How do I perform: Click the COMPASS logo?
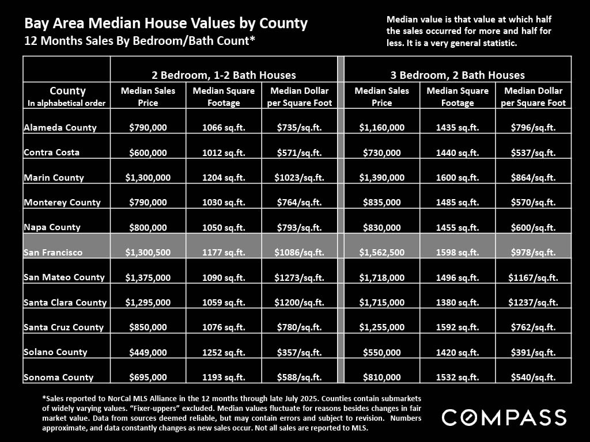tap(504, 417)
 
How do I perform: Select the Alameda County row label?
tap(60, 128)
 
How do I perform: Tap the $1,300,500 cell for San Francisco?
tap(148, 253)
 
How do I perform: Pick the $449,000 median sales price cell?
tap(148, 352)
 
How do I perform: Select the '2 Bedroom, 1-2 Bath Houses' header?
tap(224, 75)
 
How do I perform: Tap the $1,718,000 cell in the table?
tap(381, 277)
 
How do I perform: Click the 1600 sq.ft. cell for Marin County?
tap(457, 178)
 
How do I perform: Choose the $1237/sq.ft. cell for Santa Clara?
tap(533, 303)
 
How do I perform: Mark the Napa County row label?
tap(52, 227)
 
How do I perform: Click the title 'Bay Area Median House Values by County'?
tap(166, 24)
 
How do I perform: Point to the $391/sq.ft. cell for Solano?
tap(533, 352)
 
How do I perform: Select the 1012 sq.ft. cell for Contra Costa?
tap(224, 153)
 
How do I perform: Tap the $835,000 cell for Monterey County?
tap(381, 203)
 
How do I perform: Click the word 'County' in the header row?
tap(67, 91)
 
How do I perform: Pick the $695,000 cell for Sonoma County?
tap(148, 378)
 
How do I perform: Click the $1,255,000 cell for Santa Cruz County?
tap(381, 327)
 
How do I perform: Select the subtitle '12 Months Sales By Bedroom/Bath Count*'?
tap(139, 41)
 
